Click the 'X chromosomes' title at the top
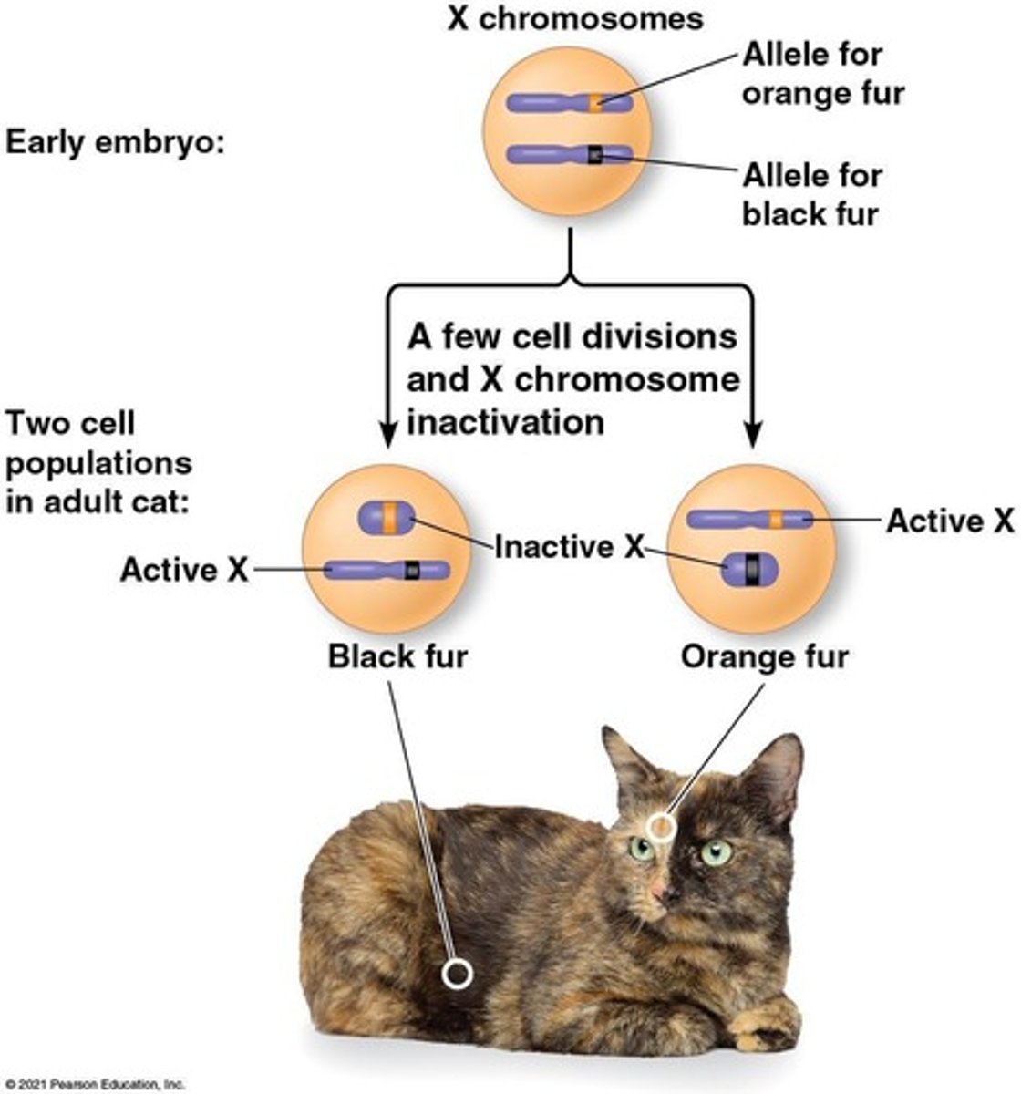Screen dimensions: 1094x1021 574,18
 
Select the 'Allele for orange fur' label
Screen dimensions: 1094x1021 822,74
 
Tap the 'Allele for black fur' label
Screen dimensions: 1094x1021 811,194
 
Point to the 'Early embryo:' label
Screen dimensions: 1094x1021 115,143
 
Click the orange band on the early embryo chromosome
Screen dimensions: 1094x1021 595,102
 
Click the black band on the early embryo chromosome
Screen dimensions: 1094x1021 595,156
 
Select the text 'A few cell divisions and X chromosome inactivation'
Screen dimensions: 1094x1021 572,378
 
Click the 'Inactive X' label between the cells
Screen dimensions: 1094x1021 569,546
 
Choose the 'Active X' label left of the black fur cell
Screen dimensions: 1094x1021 183,570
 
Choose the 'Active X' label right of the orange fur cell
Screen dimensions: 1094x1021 950,521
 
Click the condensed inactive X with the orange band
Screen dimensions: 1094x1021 387,516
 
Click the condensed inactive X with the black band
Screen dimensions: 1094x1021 750,569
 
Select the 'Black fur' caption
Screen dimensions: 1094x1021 397,655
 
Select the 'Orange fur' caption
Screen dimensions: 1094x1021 764,655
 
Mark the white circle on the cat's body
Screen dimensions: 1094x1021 457,974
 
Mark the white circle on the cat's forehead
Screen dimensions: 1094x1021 661,827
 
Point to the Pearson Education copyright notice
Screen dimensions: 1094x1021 93,1085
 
